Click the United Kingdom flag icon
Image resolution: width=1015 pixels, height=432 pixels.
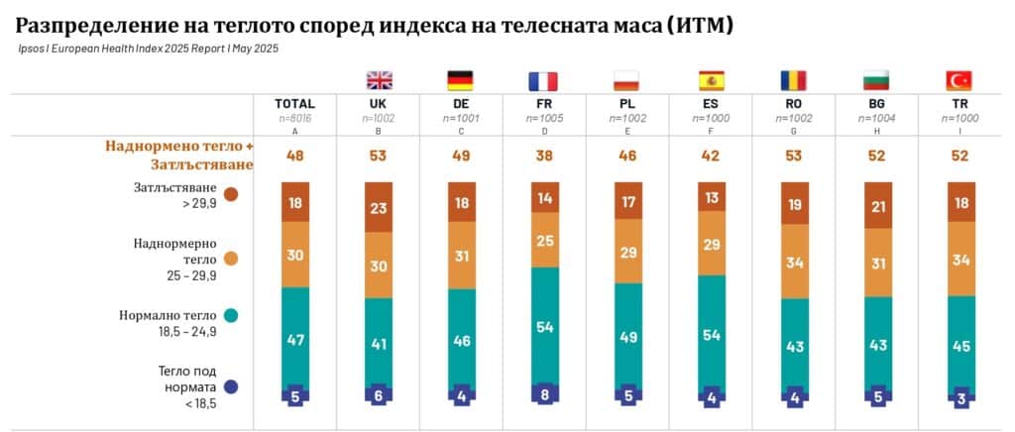point(379,80)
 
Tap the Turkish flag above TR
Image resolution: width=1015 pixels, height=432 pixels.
point(959,80)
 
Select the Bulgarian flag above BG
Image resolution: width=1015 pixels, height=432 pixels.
point(875,80)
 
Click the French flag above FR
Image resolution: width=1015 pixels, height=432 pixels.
point(542,80)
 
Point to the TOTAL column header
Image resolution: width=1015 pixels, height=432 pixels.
point(295,103)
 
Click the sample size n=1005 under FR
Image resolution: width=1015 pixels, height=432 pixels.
point(542,116)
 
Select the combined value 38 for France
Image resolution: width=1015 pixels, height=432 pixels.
point(542,156)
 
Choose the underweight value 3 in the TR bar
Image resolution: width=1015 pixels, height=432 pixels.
point(959,394)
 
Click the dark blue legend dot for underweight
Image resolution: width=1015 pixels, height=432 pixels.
point(231,387)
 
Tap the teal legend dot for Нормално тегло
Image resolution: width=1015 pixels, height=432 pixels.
point(231,315)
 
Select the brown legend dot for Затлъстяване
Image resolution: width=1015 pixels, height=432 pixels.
point(231,194)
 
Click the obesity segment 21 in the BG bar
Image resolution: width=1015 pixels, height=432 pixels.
point(875,205)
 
